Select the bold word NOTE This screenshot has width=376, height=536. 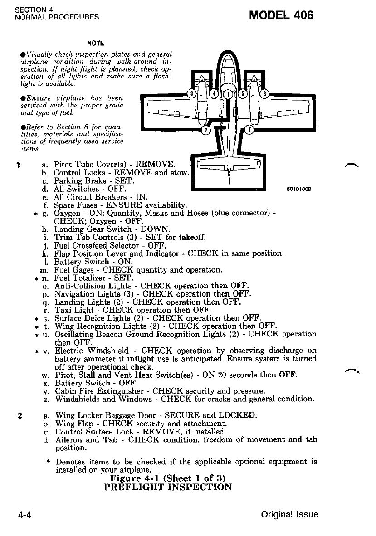[x=96, y=44]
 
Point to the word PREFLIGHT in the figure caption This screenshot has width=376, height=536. [x=132, y=487]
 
